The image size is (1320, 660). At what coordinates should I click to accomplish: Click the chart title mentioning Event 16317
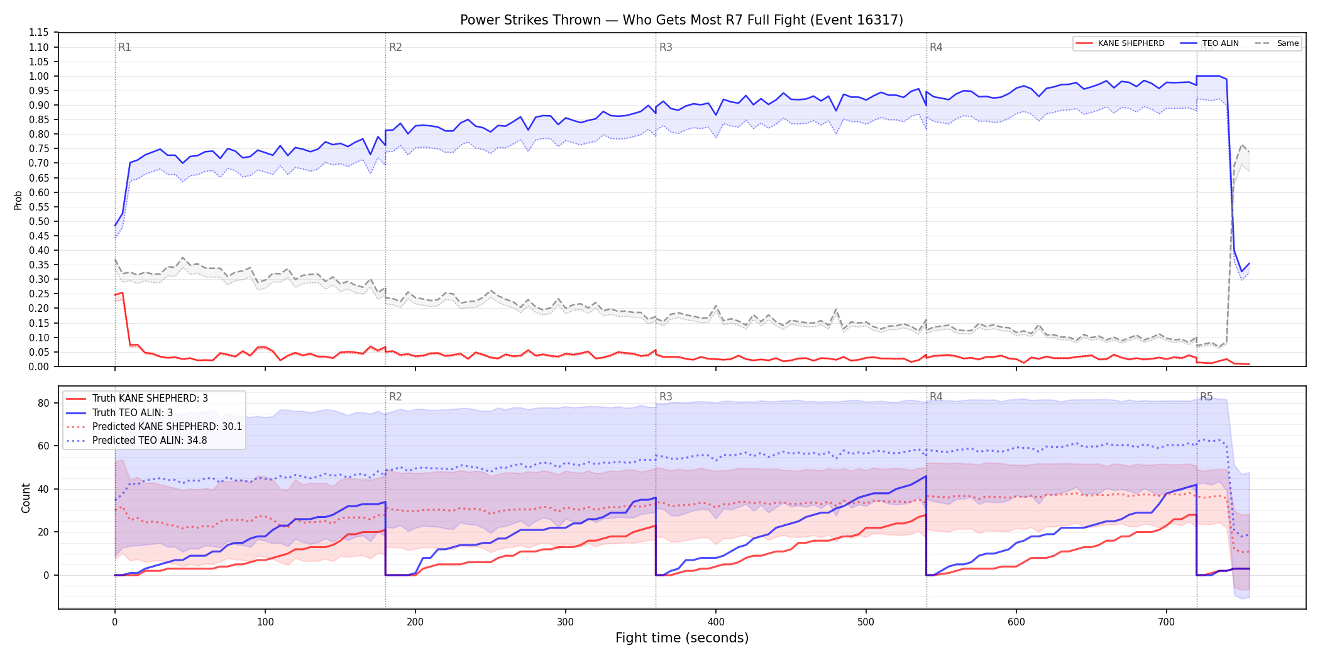click(x=681, y=20)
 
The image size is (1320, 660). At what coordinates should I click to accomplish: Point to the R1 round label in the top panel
click(x=124, y=47)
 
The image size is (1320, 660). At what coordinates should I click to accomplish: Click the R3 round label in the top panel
click(x=666, y=47)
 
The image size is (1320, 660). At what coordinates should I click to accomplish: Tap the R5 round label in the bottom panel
click(x=1206, y=397)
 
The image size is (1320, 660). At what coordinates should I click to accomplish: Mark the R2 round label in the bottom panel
click(x=395, y=397)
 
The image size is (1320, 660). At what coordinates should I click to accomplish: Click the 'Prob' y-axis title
click(x=18, y=200)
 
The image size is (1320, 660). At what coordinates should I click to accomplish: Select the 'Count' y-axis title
click(x=26, y=498)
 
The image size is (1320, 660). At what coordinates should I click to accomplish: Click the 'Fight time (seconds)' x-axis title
click(x=682, y=638)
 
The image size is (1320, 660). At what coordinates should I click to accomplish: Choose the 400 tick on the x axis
click(x=716, y=622)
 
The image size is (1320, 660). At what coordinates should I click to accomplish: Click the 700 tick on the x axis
click(x=1167, y=622)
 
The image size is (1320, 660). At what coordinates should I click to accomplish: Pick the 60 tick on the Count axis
click(x=43, y=446)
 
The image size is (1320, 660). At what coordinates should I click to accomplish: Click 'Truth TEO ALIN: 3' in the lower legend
click(x=133, y=413)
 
